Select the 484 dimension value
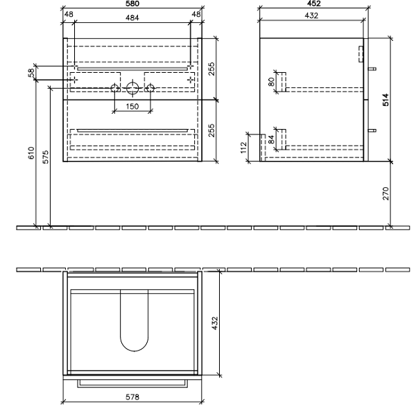(132, 17)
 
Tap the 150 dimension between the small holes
(132, 106)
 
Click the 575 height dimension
(46, 157)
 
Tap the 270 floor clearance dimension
(387, 193)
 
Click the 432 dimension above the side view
(309, 17)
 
